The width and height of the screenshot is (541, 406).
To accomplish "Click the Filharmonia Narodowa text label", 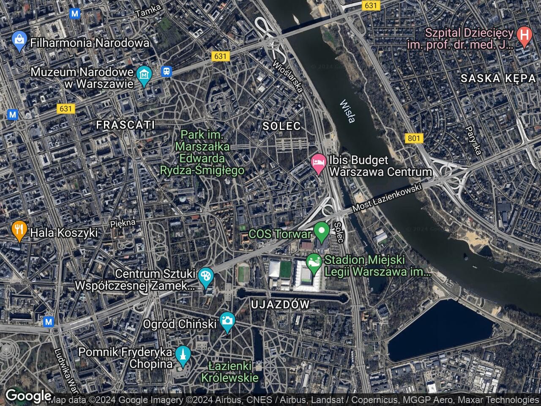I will pos(90,43).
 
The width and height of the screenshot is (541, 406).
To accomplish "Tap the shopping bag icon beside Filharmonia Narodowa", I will pos(19,41).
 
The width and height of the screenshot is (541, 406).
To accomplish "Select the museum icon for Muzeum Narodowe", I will pos(145,75).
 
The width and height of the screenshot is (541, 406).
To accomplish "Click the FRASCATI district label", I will pos(126,125).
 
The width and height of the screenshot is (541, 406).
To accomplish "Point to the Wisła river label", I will pos(347,111).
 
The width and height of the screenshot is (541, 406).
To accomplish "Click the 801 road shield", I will pos(414,138).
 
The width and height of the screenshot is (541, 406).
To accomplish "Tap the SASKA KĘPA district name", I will pos(498,78).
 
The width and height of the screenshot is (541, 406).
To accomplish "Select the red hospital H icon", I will pos(524,36).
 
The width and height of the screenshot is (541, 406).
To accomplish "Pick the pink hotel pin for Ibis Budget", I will pos(318,163).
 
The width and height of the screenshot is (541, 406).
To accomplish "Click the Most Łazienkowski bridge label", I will pos(387,198).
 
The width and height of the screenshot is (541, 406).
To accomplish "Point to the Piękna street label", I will pos(123,223).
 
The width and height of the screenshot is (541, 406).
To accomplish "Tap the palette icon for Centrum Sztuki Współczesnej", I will pos(206,277).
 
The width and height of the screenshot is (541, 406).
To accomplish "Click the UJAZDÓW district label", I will pos(280,304).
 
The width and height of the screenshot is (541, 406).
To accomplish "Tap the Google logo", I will pos(28,396).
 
